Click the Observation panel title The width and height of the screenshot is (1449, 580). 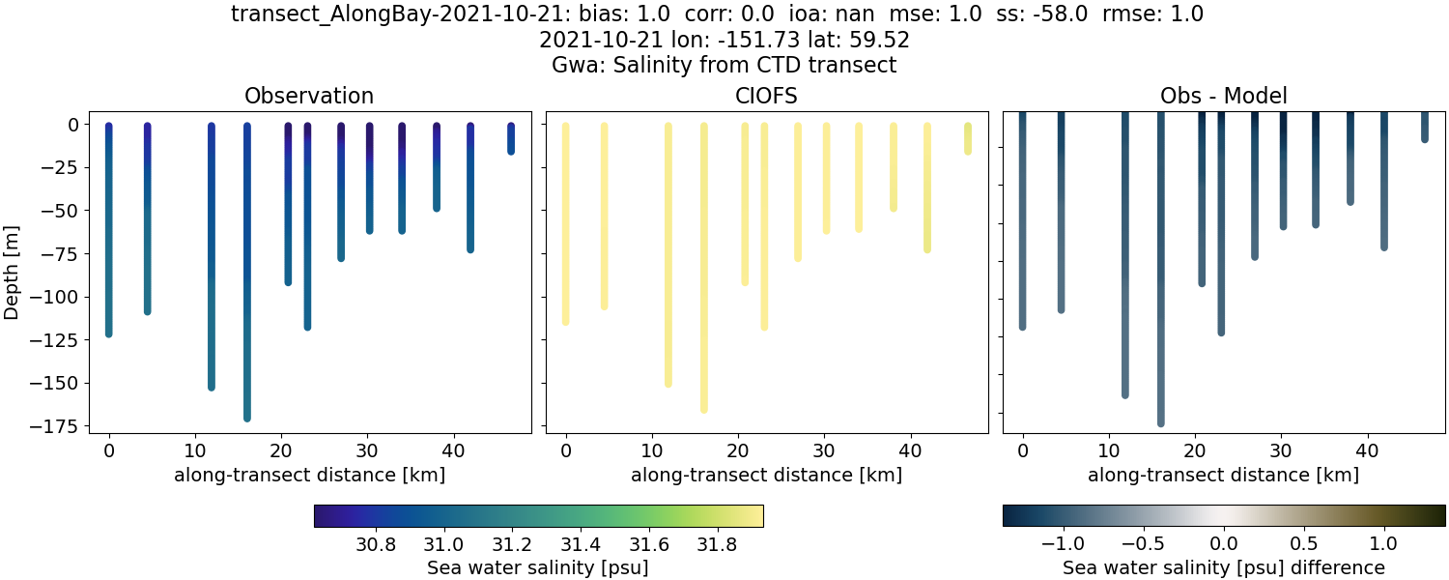309,96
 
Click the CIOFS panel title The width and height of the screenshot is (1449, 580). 766,96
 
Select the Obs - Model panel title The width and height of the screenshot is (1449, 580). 1223,96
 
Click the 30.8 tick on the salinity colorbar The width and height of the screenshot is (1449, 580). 375,543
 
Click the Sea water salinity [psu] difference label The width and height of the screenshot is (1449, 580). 1223,567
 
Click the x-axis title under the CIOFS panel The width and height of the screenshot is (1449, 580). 766,475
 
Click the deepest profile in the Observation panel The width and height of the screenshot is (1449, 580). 247,290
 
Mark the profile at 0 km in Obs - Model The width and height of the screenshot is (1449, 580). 1022,222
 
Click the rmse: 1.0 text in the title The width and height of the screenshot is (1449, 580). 1148,14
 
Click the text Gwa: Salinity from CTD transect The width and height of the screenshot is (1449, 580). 724,66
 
